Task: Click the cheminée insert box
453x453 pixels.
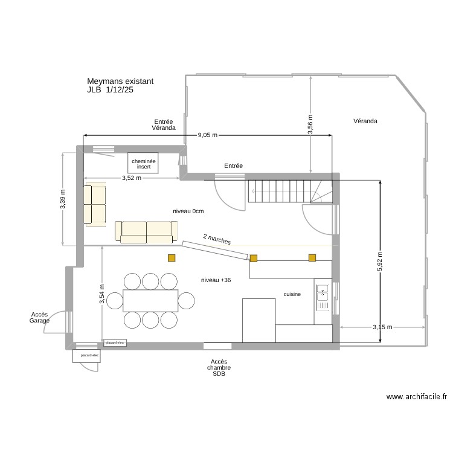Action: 143,163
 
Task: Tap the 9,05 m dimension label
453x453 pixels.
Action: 208,135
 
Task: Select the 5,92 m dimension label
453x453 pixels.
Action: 380,261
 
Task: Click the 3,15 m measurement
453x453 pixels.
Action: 382,327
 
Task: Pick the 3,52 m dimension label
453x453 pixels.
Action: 131,178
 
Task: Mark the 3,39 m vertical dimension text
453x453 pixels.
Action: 63,199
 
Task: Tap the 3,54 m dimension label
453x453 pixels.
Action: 101,294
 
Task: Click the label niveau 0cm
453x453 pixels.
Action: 188,211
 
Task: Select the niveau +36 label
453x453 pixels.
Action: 216,280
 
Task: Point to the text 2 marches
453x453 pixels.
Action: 217,239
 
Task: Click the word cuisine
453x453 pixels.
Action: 292,294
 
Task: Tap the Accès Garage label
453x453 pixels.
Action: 39,318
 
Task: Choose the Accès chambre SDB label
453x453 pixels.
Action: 218,367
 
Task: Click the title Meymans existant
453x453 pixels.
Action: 120,81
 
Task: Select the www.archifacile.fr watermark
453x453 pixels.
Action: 417,397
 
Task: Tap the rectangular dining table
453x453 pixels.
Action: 150,300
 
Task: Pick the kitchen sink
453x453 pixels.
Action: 322,293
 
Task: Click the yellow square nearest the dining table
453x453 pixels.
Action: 172,259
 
